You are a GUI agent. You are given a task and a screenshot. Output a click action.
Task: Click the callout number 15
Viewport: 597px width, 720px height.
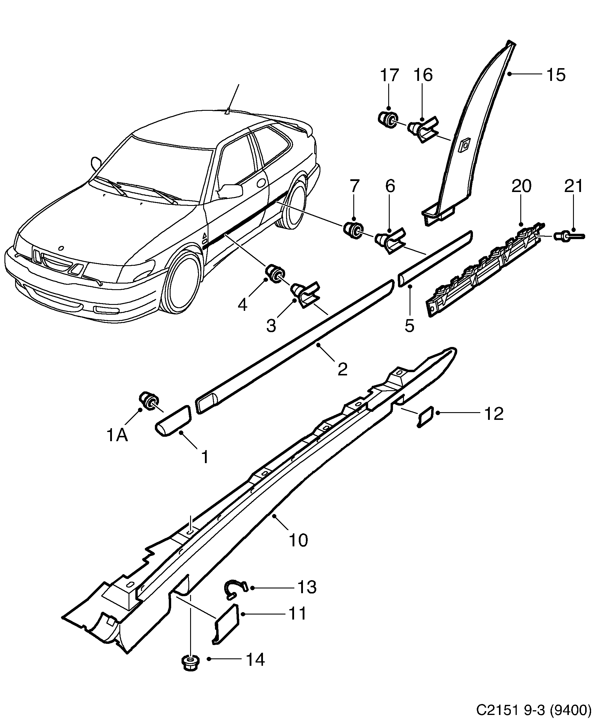pos(556,75)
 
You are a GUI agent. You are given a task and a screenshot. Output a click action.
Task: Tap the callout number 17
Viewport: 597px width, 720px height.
pos(389,75)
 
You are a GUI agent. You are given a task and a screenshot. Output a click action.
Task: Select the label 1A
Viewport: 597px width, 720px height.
pos(117,436)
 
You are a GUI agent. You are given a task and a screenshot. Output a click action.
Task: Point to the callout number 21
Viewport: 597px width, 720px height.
pos(573,186)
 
